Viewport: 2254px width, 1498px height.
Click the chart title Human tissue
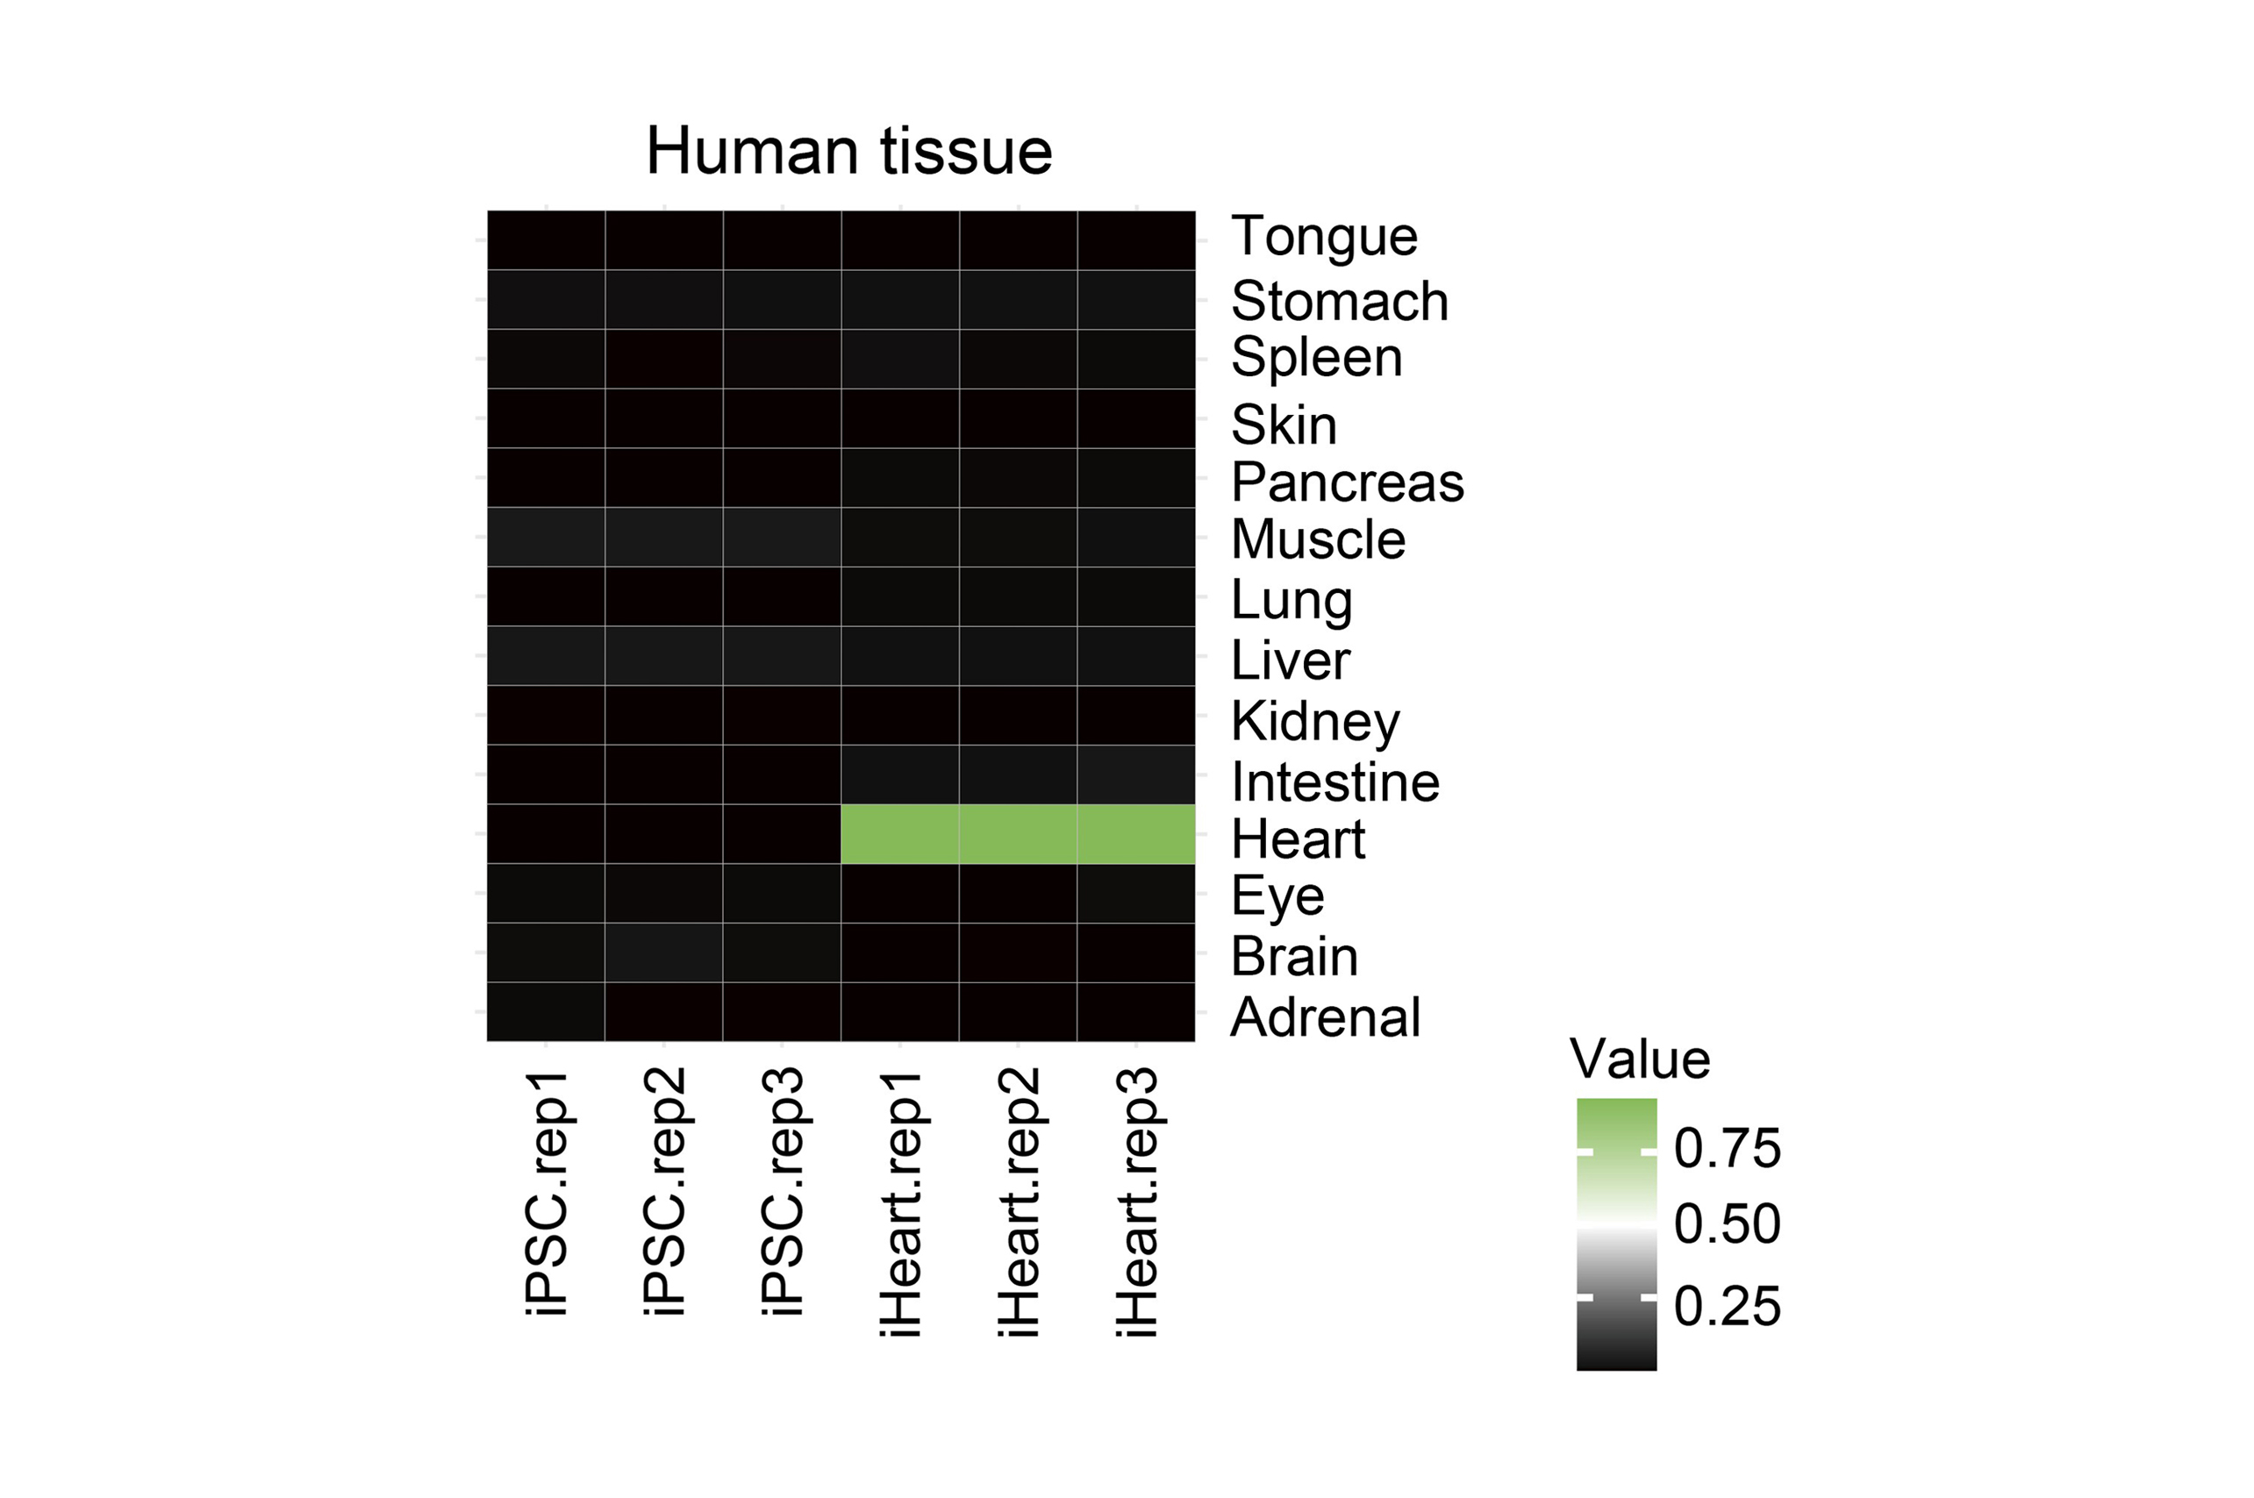(848, 151)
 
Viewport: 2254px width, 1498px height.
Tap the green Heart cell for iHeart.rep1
(900, 834)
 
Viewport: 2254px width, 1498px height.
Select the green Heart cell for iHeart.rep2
(1019, 834)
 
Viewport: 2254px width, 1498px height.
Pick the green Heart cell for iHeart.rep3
(1136, 834)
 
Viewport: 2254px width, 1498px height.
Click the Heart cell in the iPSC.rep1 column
(546, 834)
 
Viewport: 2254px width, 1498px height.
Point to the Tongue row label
(1324, 237)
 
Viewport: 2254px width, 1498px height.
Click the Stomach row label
(1340, 301)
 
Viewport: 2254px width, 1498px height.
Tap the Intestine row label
(1335, 782)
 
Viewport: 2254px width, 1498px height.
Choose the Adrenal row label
(1325, 1016)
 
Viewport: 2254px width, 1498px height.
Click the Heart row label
(1299, 839)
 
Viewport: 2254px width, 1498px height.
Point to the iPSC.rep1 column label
(547, 1194)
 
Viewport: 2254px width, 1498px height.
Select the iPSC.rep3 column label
(783, 1194)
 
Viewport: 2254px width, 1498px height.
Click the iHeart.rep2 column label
(1019, 1203)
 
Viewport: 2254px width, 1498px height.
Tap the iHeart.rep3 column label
(1137, 1203)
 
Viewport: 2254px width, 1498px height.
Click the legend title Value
(1640, 1059)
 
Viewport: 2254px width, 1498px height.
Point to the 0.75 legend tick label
(1728, 1147)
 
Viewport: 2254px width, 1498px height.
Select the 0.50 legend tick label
(1728, 1223)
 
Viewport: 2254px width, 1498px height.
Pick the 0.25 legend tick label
(1728, 1306)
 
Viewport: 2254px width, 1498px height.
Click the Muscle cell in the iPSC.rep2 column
(664, 537)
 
